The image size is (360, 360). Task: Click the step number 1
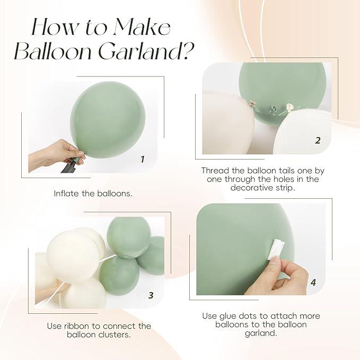142,159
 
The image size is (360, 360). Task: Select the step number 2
318,141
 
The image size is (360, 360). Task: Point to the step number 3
151,295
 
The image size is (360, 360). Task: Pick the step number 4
313,283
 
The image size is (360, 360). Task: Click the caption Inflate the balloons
93,193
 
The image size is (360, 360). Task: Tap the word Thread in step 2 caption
216,171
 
